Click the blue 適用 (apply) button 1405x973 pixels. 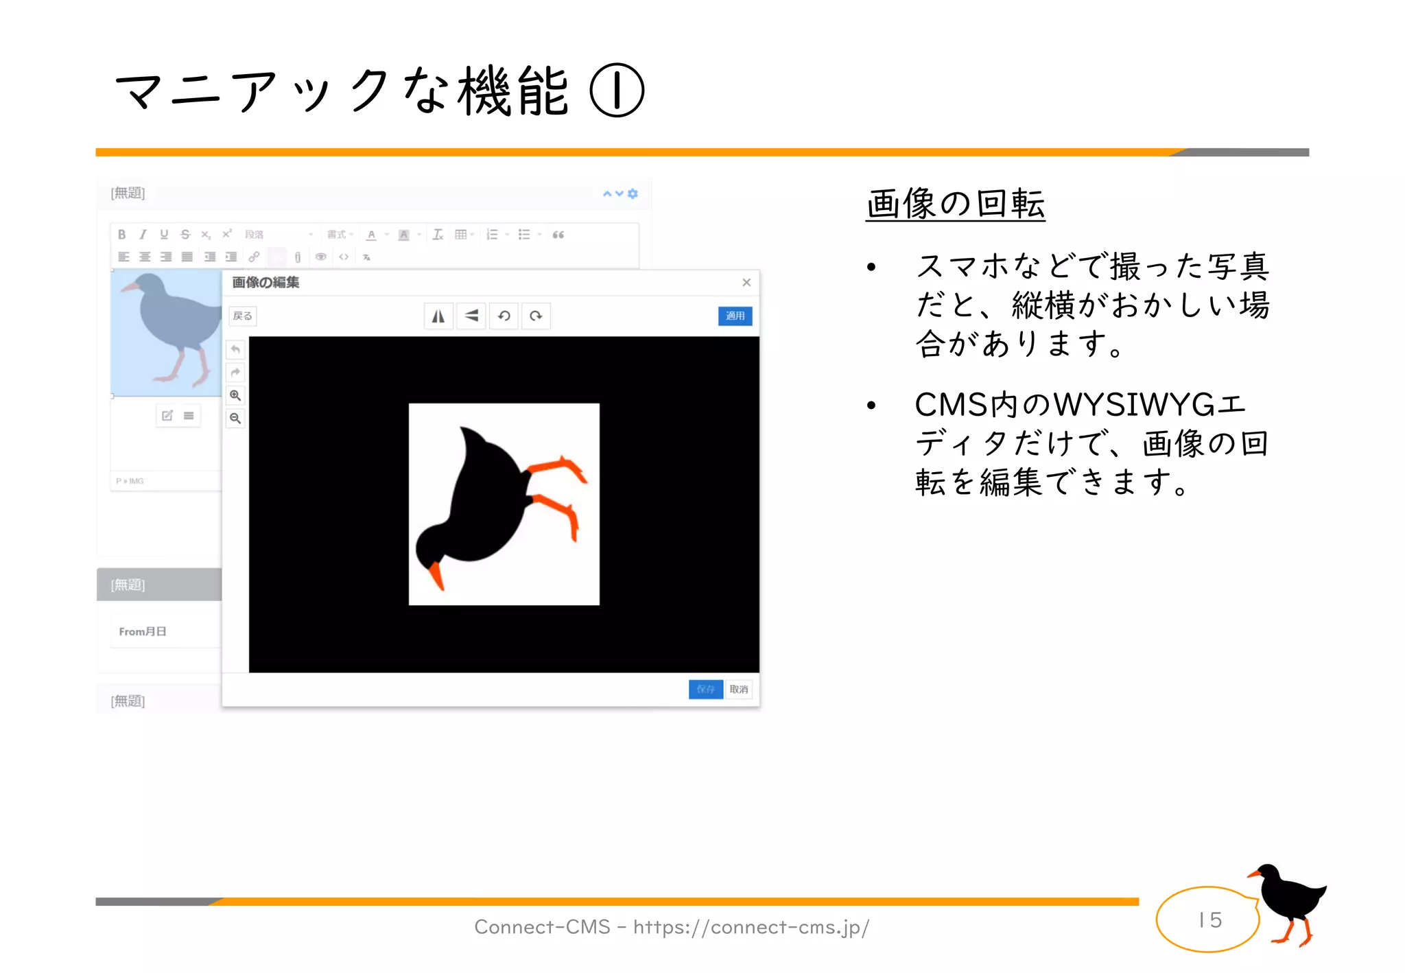(x=735, y=316)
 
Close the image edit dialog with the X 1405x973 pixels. (x=746, y=283)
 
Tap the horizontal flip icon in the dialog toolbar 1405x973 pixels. (x=438, y=316)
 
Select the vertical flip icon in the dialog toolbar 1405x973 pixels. (x=471, y=316)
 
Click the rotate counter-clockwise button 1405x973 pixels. (x=504, y=316)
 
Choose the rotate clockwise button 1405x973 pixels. (x=536, y=316)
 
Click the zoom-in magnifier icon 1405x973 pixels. (x=235, y=395)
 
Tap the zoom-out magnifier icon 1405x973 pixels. (x=235, y=418)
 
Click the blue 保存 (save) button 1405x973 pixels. (x=705, y=689)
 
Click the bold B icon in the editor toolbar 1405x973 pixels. (x=122, y=235)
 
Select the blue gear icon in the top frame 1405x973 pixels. (x=633, y=194)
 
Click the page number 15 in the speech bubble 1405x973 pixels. (x=1210, y=919)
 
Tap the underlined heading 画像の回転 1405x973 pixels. (x=955, y=204)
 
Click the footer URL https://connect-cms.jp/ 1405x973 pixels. (x=751, y=927)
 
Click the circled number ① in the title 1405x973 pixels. (x=617, y=91)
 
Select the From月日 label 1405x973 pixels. (x=143, y=631)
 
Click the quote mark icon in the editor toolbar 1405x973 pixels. (x=558, y=235)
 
